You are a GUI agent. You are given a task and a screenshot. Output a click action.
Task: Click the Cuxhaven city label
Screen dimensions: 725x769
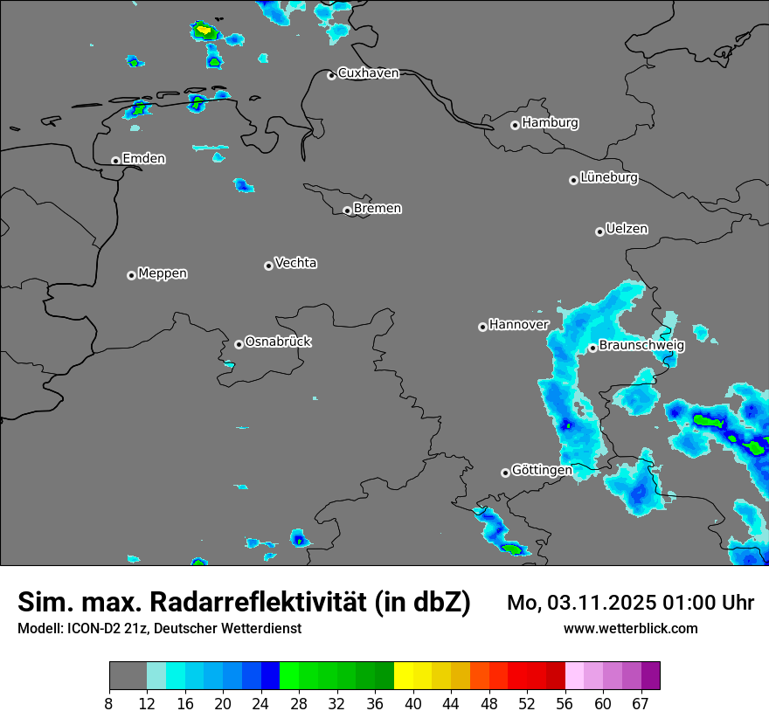(x=368, y=73)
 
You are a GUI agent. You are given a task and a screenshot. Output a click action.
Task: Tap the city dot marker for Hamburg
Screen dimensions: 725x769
(x=516, y=125)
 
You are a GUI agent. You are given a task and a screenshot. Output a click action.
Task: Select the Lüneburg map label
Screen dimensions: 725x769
(x=609, y=177)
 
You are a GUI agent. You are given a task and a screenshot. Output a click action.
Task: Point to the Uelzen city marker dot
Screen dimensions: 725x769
(x=599, y=231)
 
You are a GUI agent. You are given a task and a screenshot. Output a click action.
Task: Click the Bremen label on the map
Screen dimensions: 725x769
(x=378, y=209)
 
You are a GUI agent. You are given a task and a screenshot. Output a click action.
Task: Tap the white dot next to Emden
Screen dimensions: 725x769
(x=115, y=161)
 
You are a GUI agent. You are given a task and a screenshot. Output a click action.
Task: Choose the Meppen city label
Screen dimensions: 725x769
(x=163, y=273)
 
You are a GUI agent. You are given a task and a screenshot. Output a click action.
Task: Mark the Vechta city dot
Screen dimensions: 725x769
(x=268, y=266)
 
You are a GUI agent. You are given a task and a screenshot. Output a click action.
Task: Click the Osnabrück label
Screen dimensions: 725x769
(x=278, y=342)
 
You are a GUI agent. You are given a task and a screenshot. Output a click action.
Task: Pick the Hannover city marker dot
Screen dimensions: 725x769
(x=482, y=327)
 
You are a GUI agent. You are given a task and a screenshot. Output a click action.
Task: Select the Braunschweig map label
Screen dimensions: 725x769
(x=641, y=345)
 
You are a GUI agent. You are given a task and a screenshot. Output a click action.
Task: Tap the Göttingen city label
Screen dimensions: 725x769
(x=542, y=470)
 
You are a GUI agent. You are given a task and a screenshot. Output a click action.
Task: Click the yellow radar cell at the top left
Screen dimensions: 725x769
(x=204, y=31)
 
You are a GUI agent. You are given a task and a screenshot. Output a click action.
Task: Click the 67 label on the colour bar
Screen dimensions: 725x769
(x=641, y=703)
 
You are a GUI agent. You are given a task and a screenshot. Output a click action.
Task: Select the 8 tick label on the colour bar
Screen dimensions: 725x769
(x=109, y=703)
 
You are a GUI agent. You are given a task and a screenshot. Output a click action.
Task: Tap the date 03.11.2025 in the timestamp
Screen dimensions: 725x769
(x=595, y=603)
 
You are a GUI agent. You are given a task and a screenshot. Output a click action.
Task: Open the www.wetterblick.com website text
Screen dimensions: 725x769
(x=631, y=628)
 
